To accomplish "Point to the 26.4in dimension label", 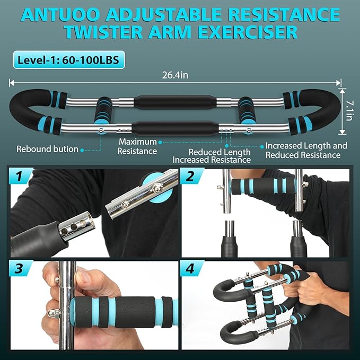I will pos(175,75).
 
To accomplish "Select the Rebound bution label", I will pos(47,149).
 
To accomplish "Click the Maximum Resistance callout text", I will pos(137,146).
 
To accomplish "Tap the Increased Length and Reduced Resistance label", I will pos(306,150).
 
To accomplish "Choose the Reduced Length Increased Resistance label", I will pos(212,156).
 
